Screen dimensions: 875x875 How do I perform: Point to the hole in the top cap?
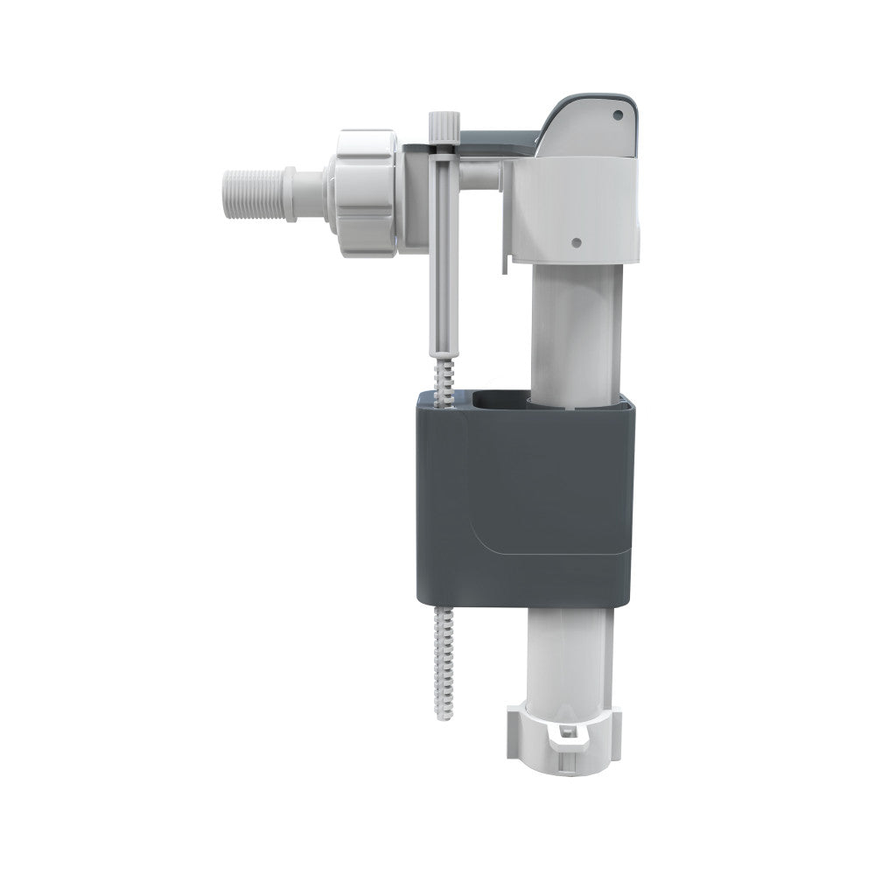point(618,115)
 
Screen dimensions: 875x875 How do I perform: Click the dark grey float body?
point(525,499)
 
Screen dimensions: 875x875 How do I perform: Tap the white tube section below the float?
point(569,647)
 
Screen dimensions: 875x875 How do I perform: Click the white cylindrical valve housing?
point(569,210)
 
